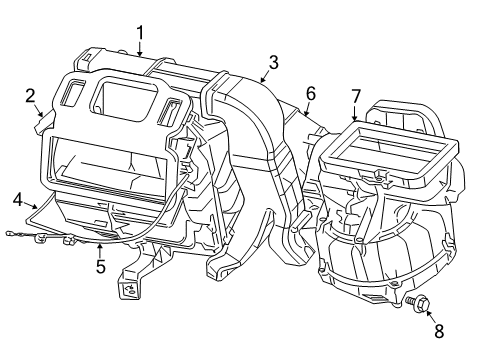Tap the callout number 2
pos(30,96)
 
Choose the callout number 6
pos(310,93)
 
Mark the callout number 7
pos(355,96)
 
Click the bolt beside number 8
pos(418,298)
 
